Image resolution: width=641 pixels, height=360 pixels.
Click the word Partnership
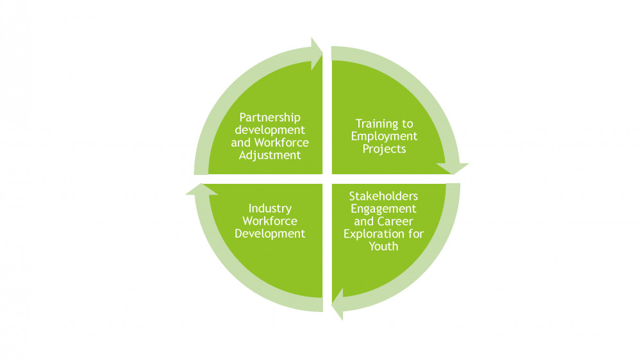[x=270, y=118]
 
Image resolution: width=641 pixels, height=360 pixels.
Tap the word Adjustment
[x=270, y=156]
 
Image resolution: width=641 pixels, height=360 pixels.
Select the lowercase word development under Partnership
[x=270, y=130]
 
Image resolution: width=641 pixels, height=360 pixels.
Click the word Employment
[x=384, y=136]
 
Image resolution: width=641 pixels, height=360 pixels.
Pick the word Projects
[x=384, y=149]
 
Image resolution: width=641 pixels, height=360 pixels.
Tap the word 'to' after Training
[x=408, y=124]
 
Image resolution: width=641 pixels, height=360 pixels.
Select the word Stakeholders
[x=383, y=196]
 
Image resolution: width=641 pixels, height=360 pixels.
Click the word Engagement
[x=383, y=209]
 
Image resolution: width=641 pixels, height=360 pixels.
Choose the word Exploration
[x=370, y=234]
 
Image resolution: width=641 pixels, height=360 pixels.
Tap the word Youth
[x=383, y=247]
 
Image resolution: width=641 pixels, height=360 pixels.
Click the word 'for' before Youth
[x=416, y=234]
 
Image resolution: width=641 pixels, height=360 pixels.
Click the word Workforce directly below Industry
[x=270, y=221]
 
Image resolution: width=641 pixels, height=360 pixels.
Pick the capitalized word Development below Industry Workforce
[x=270, y=234]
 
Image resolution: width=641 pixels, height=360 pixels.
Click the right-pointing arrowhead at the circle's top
[x=316, y=54]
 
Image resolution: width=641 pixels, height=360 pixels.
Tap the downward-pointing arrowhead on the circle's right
[x=452, y=168]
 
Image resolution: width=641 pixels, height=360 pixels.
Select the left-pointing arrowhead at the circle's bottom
[x=338, y=304]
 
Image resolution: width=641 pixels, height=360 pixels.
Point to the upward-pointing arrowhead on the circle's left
[x=201, y=190]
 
